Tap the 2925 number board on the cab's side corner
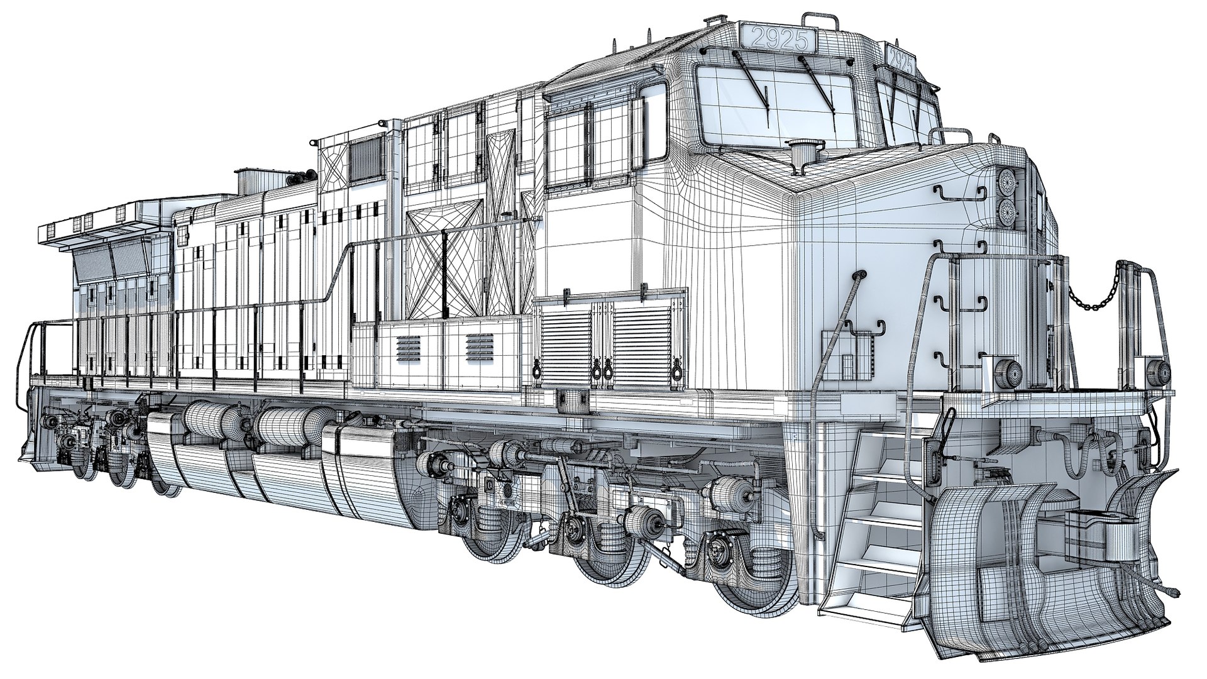(901, 62)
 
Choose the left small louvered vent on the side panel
(409, 347)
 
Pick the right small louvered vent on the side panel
(479, 346)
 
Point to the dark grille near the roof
(365, 159)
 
